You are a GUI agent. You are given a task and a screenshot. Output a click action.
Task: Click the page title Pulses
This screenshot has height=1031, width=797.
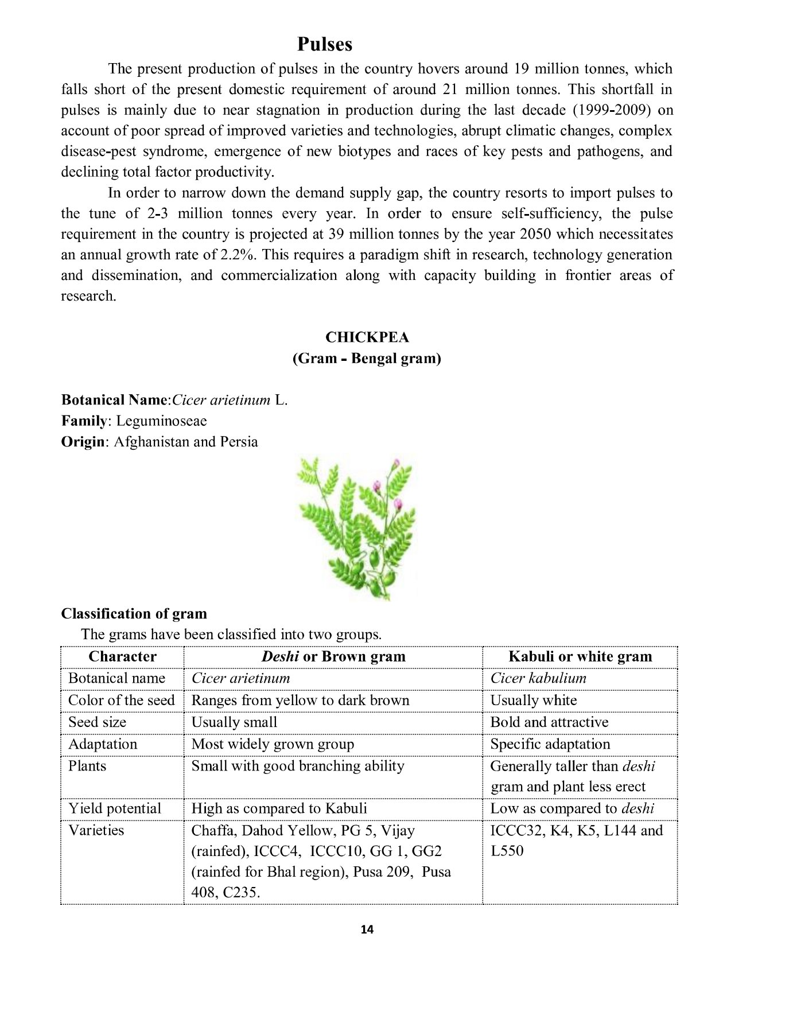coord(325,45)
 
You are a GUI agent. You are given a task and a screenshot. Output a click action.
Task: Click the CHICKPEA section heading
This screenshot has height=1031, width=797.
coord(367,337)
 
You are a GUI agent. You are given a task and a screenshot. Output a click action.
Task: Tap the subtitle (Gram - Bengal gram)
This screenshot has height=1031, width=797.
coord(367,359)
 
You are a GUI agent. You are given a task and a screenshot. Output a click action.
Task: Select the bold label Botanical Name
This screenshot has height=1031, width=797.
coord(114,400)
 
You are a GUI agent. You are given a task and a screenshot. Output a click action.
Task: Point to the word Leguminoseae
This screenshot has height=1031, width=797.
coord(161,421)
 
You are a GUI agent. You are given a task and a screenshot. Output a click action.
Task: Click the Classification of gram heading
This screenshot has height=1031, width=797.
coord(134,614)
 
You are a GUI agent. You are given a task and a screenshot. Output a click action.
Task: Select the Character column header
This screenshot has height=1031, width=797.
coord(122,657)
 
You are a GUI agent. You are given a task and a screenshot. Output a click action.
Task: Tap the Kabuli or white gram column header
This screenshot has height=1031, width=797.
coord(580,657)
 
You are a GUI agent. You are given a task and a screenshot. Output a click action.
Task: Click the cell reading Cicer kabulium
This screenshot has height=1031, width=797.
coord(538,678)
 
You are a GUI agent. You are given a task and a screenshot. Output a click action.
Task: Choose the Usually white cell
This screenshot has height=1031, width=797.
coord(534,701)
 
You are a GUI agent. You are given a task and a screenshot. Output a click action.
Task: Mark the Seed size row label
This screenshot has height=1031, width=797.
coord(97,722)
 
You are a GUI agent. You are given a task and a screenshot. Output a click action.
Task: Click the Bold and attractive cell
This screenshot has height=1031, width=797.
coord(549,722)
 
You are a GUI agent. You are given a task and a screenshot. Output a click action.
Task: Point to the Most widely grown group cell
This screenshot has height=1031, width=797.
coord(273,744)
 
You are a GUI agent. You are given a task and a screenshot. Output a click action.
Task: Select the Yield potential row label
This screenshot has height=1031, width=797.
coord(115,808)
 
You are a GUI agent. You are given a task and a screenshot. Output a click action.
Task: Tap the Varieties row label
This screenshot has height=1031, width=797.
coord(96,830)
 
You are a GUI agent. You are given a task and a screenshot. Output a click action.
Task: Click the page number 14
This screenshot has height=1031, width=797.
coord(367,929)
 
